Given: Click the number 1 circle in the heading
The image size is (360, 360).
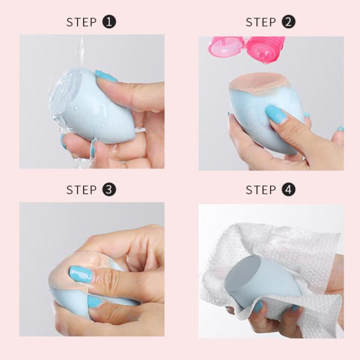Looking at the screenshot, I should (110, 22).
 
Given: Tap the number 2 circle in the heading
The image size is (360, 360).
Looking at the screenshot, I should (289, 22).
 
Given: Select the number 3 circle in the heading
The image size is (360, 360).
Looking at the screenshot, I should (110, 189).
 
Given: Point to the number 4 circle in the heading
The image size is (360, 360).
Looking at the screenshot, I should (289, 189).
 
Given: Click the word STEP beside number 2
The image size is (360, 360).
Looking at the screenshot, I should (261, 22).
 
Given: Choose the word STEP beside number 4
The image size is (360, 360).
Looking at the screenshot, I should (261, 190).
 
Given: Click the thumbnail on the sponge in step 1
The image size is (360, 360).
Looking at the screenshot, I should (106, 76).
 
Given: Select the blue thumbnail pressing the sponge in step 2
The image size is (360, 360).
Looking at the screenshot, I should (275, 114).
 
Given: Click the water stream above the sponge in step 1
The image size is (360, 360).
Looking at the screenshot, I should (81, 49).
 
